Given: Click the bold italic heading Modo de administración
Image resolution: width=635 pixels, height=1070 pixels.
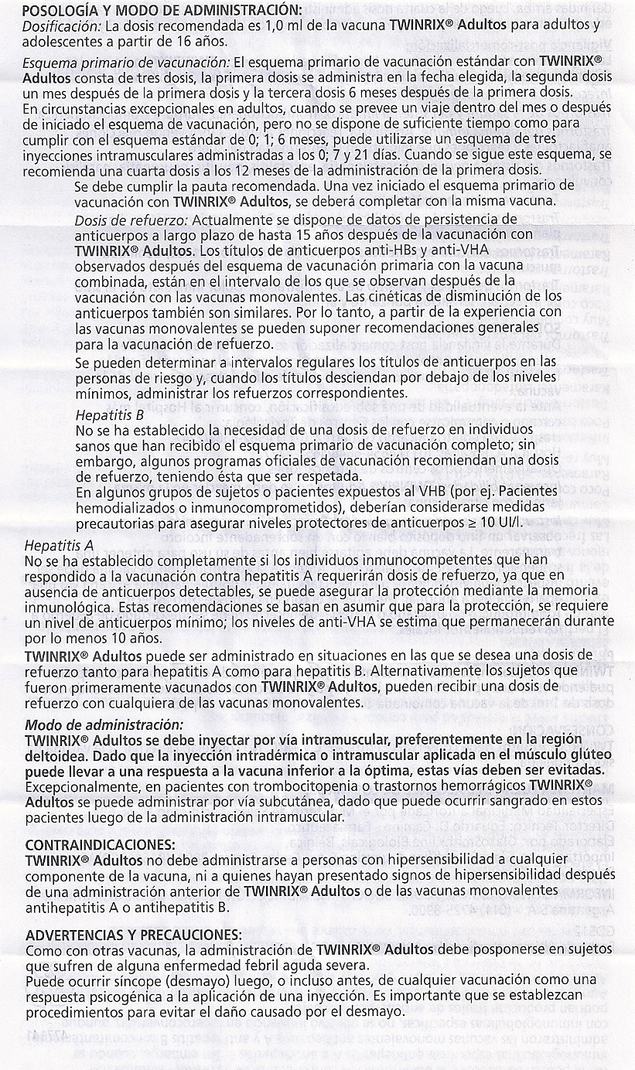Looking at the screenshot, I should click(x=104, y=724).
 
